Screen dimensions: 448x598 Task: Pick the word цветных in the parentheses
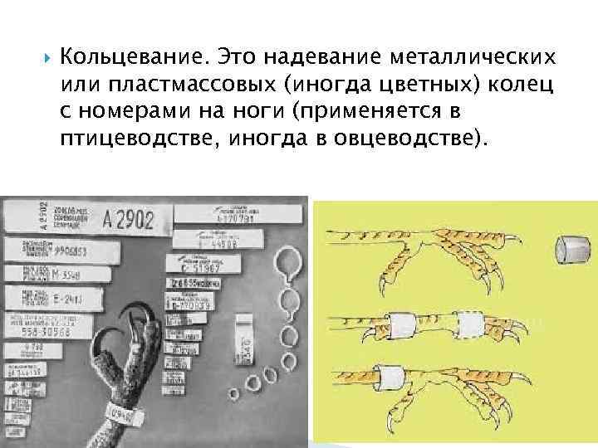[x=434, y=85]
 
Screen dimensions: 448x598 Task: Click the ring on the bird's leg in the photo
[x=120, y=412]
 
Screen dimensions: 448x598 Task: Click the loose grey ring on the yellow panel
[x=570, y=246]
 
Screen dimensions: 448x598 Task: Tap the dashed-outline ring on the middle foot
[x=469, y=324]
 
